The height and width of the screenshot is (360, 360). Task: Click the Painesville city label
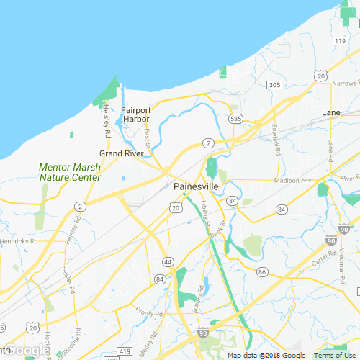tap(196, 186)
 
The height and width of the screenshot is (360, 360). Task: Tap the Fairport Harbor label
tap(136, 114)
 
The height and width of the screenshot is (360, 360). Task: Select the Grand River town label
tap(121, 153)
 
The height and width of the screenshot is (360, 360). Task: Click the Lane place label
tap(331, 113)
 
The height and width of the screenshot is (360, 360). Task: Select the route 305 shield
tap(274, 85)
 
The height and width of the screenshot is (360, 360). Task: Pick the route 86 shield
tap(262, 272)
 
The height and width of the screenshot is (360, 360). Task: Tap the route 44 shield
tap(167, 261)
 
